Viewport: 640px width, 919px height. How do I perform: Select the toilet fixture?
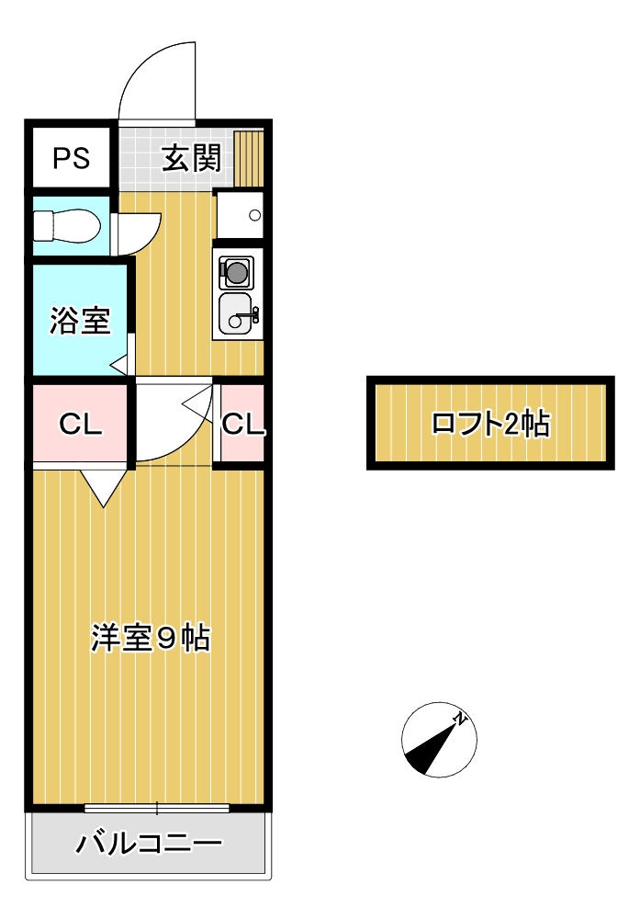click(x=66, y=226)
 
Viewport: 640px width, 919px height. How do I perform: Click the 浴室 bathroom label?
click(x=80, y=321)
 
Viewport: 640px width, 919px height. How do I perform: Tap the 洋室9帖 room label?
click(x=151, y=637)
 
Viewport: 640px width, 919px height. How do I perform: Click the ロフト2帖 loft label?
click(x=489, y=423)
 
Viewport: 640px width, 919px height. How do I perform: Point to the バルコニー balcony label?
click(x=149, y=843)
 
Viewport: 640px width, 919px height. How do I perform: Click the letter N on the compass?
click(x=463, y=720)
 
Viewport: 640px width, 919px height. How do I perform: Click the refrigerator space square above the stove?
click(x=240, y=215)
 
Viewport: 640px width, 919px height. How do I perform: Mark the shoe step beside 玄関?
click(x=249, y=157)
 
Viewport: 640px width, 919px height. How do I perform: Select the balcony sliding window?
click(x=156, y=809)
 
